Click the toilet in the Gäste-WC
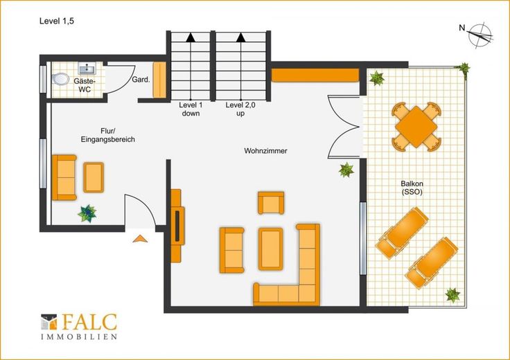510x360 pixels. pos(60,79)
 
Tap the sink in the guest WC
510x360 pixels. pos(87,69)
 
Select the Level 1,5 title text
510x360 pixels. pos(57,21)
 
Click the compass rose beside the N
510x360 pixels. pos(480,35)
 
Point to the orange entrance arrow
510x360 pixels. pos(140,239)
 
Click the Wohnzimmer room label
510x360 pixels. pos(265,151)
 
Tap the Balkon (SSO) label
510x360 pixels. pos(412,188)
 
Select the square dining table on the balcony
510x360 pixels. pos(416,127)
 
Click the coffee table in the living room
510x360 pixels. pos(271,249)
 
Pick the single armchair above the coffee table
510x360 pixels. pos(271,203)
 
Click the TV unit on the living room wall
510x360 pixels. pos(177,226)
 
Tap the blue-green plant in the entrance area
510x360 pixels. pos(87,213)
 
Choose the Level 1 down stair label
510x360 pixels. pos(191,109)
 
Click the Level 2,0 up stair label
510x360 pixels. pos(240,109)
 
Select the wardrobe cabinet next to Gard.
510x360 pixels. pos(159,80)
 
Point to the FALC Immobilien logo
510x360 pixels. pos(79,327)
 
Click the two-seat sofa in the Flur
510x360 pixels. pos(64,177)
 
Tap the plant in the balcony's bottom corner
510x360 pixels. pos(452,295)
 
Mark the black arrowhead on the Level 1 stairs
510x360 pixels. pos(191,37)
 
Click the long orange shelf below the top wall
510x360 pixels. pos(315,75)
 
